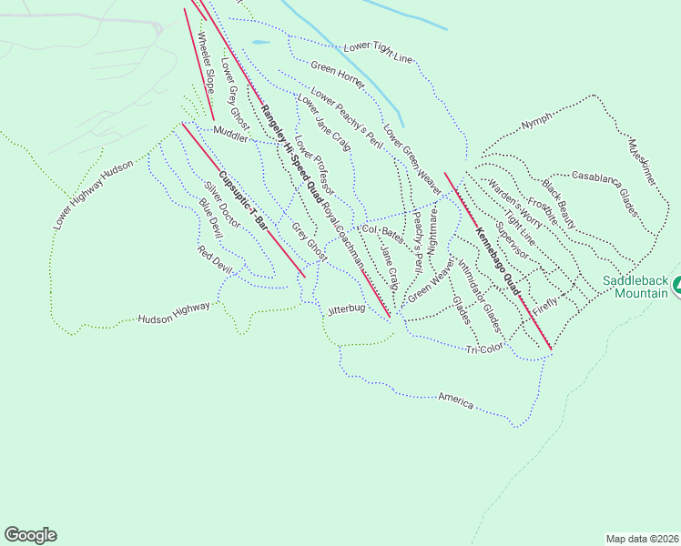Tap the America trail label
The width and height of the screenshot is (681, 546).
tap(455, 399)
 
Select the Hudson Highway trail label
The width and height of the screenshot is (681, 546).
tap(174, 314)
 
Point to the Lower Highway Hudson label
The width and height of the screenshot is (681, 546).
tap(93, 194)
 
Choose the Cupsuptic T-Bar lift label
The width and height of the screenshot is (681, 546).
tap(243, 200)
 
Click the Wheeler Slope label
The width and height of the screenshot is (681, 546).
tap(205, 59)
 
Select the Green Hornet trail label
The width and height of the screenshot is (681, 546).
tap(338, 76)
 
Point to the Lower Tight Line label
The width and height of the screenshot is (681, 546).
tap(379, 53)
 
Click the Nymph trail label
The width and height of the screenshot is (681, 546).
tap(536, 123)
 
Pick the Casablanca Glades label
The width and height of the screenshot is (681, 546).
tap(604, 190)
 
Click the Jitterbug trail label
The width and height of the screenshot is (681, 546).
tap(346, 309)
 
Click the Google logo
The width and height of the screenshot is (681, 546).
tap(30, 535)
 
